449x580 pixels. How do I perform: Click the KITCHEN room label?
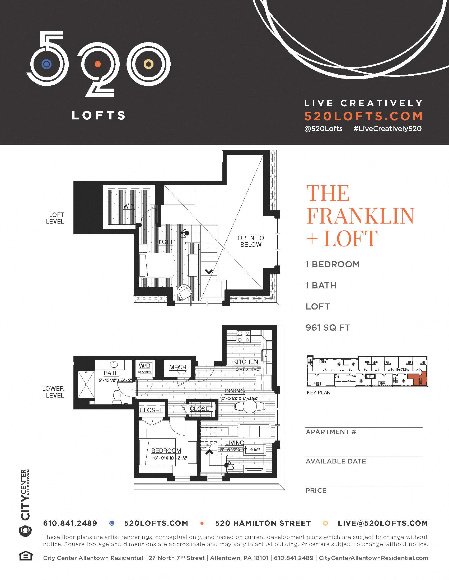246,362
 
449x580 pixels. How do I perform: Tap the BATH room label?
111,373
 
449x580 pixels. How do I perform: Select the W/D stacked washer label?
144,366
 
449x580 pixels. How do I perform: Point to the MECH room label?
178,367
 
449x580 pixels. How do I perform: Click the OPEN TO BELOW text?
251,241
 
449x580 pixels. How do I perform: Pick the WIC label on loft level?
129,206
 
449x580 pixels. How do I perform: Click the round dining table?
250,406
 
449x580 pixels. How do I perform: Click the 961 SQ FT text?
328,328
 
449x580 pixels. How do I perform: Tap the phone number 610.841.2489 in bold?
70,523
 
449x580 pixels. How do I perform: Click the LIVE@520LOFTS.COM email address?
382,523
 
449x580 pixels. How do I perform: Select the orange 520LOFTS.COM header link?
363,116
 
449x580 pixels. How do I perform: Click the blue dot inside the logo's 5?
46,64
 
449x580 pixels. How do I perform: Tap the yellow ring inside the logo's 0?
148,64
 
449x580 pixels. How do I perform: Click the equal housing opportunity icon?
26,556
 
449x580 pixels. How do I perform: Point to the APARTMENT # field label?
331,432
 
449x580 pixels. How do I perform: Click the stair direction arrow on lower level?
209,451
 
